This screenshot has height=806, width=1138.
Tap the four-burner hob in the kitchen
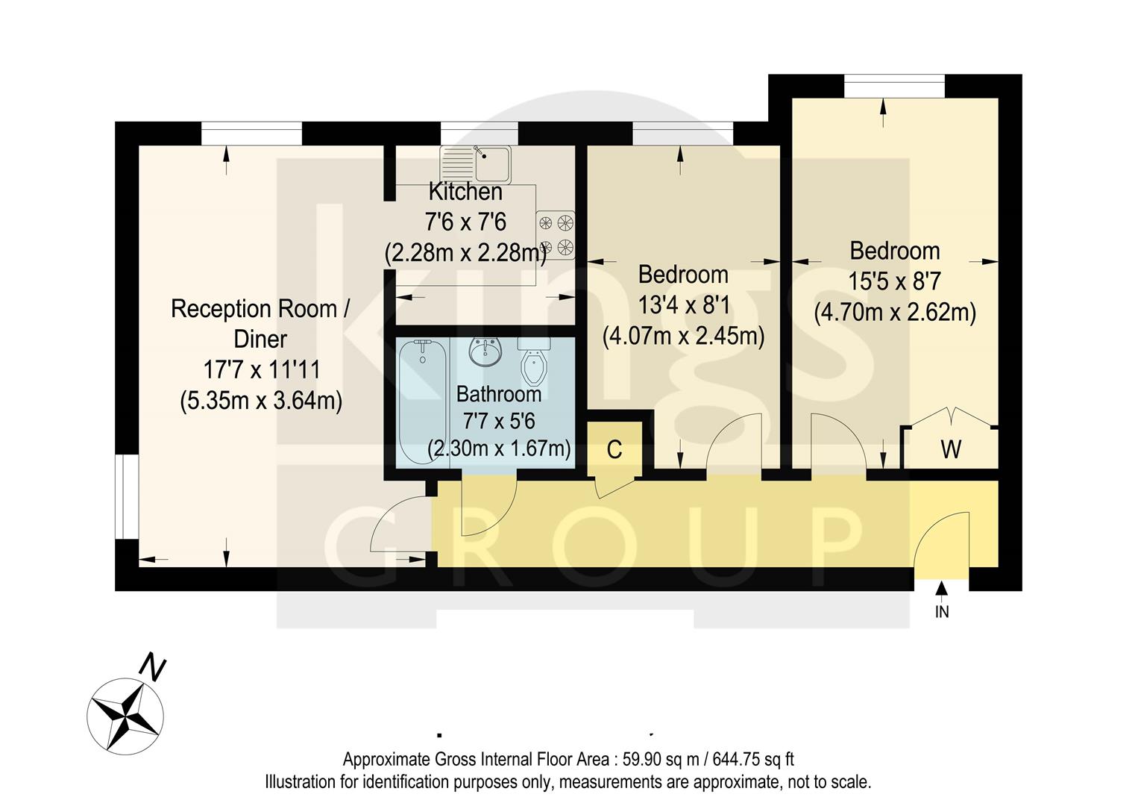tap(556, 234)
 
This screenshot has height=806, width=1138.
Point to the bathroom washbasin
tap(487, 352)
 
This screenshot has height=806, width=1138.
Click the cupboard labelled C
tap(614, 449)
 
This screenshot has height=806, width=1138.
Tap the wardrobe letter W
tap(951, 449)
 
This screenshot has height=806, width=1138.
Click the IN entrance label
tap(942, 612)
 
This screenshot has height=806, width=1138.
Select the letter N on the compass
tap(153, 666)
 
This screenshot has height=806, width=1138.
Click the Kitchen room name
tap(465, 192)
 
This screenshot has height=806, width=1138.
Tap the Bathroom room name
tap(499, 393)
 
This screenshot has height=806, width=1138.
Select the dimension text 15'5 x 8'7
tap(894, 281)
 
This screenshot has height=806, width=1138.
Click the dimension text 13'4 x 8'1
tap(683, 305)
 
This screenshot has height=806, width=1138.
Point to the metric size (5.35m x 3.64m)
tap(261, 401)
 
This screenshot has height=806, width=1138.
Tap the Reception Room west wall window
tap(126, 497)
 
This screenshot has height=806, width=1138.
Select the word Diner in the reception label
tap(260, 339)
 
